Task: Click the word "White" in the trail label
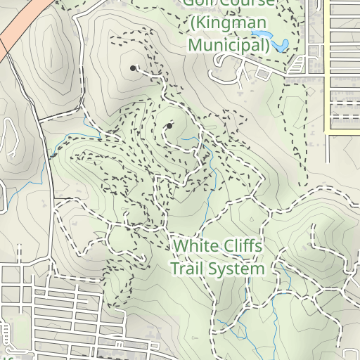tap(195, 247)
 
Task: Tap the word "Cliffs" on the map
tap(243, 247)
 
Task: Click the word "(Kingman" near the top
tap(229, 24)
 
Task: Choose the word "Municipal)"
tap(229, 46)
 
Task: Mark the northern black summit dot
tap(133, 68)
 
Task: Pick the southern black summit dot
tap(169, 127)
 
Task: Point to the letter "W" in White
tap(181, 247)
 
